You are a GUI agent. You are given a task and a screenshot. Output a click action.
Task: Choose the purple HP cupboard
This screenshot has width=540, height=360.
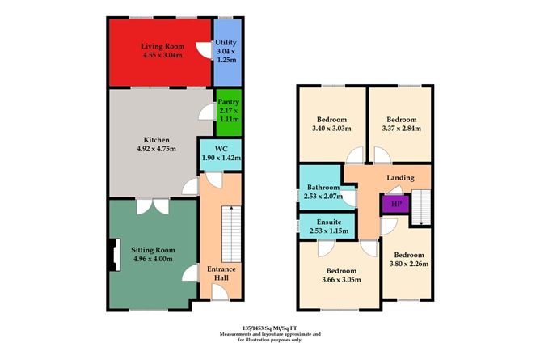(x=395, y=204)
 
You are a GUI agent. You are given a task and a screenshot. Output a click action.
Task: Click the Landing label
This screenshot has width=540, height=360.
(x=401, y=177)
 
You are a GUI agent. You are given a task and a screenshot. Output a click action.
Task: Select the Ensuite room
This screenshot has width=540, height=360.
(x=328, y=227)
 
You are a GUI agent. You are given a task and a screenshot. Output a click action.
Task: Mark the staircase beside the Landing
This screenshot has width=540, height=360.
(x=420, y=206)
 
